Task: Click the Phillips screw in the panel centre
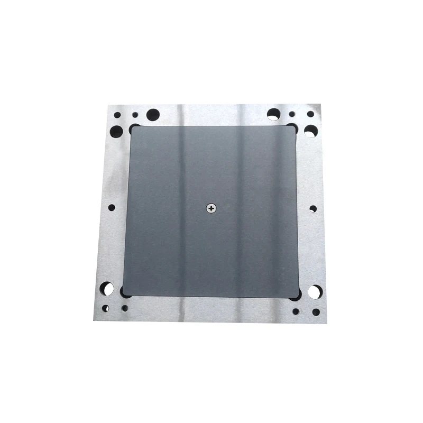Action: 212,208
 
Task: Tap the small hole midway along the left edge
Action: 112,208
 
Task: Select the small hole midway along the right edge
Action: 313,209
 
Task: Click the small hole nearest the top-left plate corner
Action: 117,114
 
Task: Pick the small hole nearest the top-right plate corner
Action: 310,114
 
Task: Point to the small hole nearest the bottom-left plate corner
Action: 106,308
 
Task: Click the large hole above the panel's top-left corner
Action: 153,114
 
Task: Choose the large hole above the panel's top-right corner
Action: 273,114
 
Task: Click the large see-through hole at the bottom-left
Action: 107,289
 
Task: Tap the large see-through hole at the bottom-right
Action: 314,292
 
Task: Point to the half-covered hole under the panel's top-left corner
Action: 133,128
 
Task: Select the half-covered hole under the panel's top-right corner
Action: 293,127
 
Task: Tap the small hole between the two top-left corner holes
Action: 135,114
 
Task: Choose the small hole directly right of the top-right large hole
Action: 292,114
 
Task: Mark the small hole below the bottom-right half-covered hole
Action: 296,311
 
